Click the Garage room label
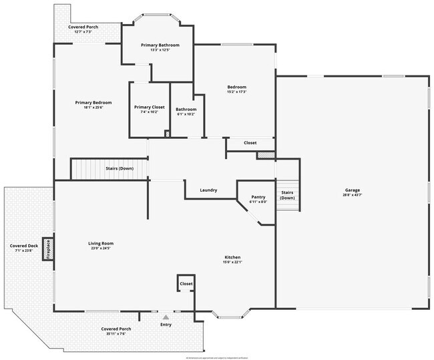pyautogui.click(x=352, y=189)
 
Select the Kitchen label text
pyautogui.click(x=232, y=257)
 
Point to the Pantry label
pyautogui.click(x=258, y=197)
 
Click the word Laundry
pyautogui.click(x=208, y=190)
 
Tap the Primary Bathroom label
pyautogui.click(x=160, y=45)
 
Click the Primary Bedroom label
pyautogui.click(x=93, y=102)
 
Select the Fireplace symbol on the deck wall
pyautogui.click(x=48, y=248)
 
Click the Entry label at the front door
pyautogui.click(x=166, y=325)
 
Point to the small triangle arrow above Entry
pyautogui.click(x=166, y=317)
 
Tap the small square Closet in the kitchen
pyautogui.click(x=186, y=284)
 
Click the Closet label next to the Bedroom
pyautogui.click(x=250, y=142)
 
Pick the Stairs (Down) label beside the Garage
pyautogui.click(x=287, y=196)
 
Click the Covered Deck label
pyautogui.click(x=23, y=246)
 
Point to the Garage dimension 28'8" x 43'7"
pyautogui.click(x=352, y=194)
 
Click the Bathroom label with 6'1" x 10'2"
pyautogui.click(x=186, y=109)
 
